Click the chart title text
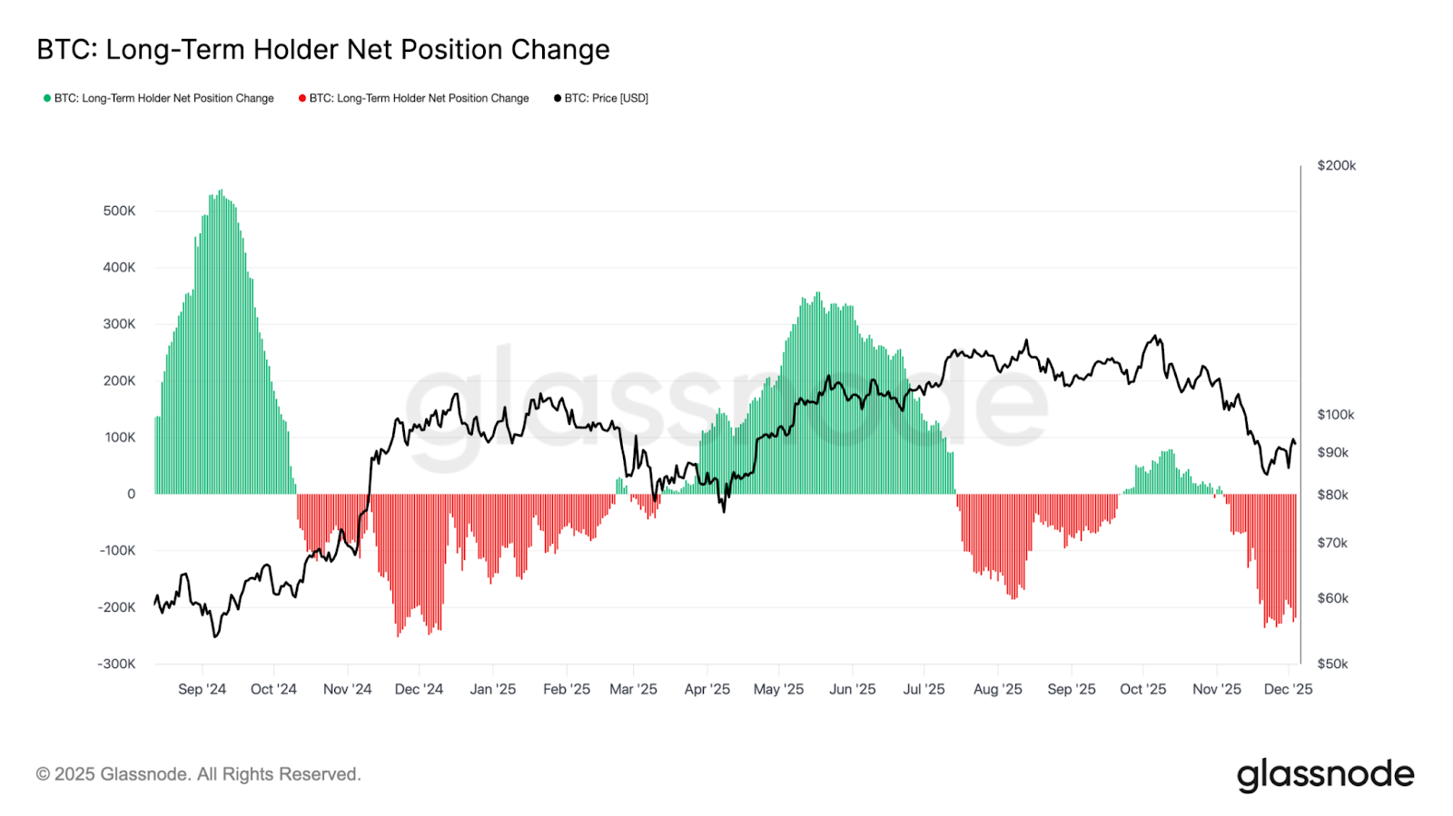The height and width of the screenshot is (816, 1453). [322, 50]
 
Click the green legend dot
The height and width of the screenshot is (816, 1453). [47, 98]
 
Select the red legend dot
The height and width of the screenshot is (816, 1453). [302, 98]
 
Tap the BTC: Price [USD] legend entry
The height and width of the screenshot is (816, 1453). [606, 98]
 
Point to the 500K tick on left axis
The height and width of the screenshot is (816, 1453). [119, 211]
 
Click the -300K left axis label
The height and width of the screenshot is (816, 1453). [116, 664]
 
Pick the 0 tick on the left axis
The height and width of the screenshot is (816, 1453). [131, 494]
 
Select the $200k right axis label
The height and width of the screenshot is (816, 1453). [1336, 165]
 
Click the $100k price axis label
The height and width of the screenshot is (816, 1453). [1335, 415]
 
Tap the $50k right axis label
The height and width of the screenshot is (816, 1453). [1332, 664]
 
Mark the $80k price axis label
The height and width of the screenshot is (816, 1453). [1332, 495]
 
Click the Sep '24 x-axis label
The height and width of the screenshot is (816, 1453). [202, 689]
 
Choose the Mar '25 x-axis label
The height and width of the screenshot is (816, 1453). [633, 689]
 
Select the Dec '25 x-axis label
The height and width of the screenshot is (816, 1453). [1288, 689]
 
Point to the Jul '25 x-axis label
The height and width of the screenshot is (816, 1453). [924, 689]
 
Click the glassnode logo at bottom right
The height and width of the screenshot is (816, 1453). [1325, 775]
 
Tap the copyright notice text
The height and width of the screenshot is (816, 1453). [198, 774]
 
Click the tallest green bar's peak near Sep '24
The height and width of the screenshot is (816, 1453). [221, 192]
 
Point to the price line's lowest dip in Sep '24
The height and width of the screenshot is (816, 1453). [215, 636]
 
